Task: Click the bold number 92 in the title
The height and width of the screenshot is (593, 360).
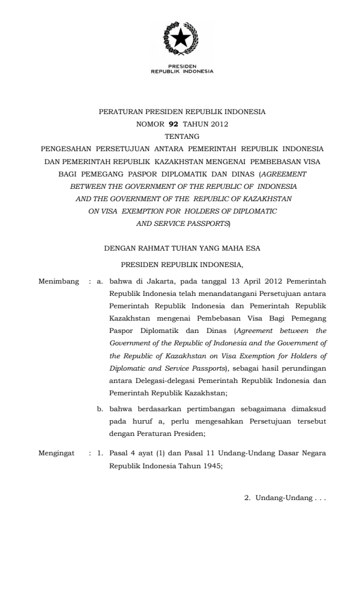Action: [173, 123]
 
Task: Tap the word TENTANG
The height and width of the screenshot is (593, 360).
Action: [182, 135]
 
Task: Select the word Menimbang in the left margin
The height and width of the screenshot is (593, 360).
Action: [58, 281]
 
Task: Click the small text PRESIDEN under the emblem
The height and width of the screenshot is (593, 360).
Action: [182, 66]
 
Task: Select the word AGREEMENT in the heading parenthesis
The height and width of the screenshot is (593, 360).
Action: [284, 174]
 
